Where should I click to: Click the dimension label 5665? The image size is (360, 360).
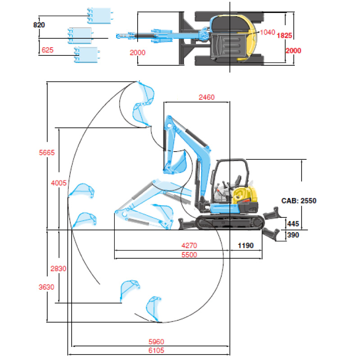coord(47,153)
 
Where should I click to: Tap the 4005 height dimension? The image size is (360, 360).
coord(59,183)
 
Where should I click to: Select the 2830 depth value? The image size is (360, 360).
coord(58,268)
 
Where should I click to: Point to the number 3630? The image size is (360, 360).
coord(46,287)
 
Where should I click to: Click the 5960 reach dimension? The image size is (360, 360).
coord(156,342)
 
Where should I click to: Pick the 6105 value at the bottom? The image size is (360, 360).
coord(156,351)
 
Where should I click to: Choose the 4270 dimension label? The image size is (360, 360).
coord(189,245)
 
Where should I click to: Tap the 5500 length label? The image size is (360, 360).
coord(189,255)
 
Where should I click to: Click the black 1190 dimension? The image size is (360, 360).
coord(246,245)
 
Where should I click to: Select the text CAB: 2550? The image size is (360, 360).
coord(299,201)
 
